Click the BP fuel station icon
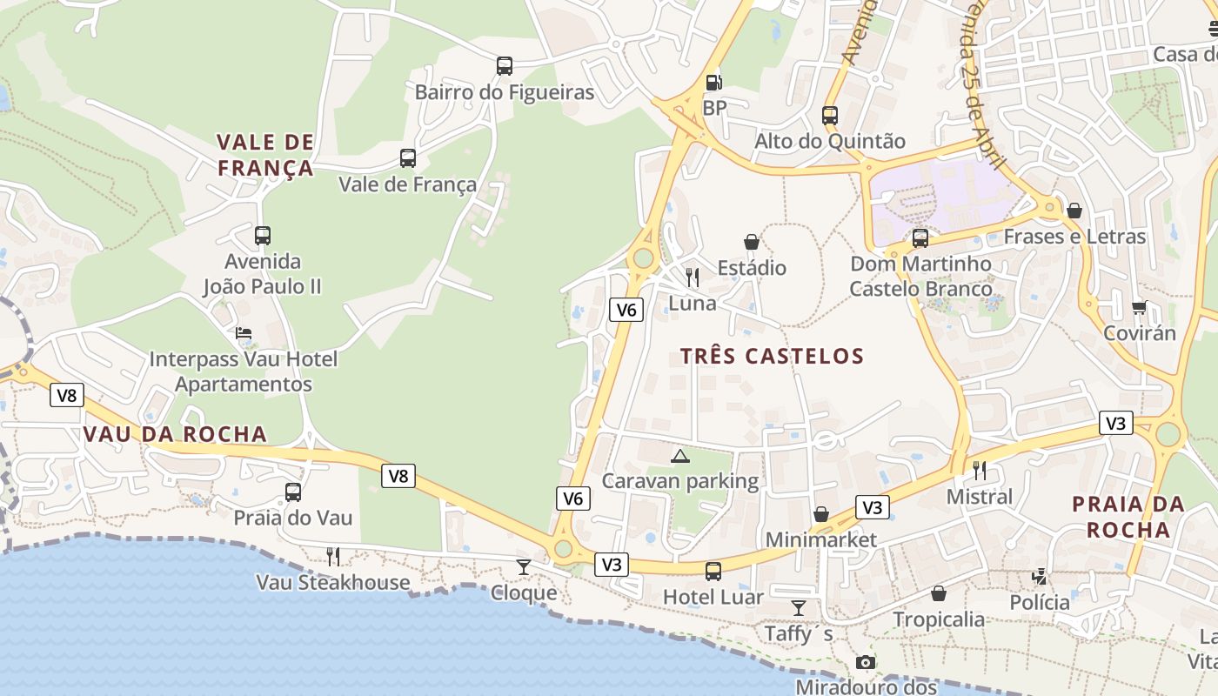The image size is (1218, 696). (x=713, y=83)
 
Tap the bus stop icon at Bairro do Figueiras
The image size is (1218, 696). (x=504, y=66)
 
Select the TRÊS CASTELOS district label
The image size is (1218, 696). (x=772, y=356)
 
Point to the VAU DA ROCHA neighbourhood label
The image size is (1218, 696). (x=175, y=434)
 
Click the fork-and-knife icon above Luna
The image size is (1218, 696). (x=693, y=278)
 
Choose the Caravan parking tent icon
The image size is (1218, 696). (x=680, y=456)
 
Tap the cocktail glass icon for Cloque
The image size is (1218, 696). (x=524, y=567)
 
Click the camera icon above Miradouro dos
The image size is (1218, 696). (x=865, y=663)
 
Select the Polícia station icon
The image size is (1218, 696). (x=1040, y=576)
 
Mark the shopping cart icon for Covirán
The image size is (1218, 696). (x=1139, y=307)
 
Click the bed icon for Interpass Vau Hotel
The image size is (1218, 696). (x=244, y=333)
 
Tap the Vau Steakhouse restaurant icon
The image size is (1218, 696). (x=332, y=556)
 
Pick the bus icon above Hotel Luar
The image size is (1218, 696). (x=713, y=571)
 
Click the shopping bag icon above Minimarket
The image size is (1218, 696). (x=820, y=514)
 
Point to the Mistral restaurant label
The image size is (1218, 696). (x=980, y=497)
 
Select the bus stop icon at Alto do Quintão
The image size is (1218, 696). (x=829, y=115)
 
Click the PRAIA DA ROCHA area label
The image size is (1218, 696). (x=1128, y=517)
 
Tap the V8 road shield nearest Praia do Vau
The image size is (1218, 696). (x=398, y=476)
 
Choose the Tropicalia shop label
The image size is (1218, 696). (x=939, y=619)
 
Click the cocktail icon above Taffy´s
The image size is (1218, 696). (x=799, y=607)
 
